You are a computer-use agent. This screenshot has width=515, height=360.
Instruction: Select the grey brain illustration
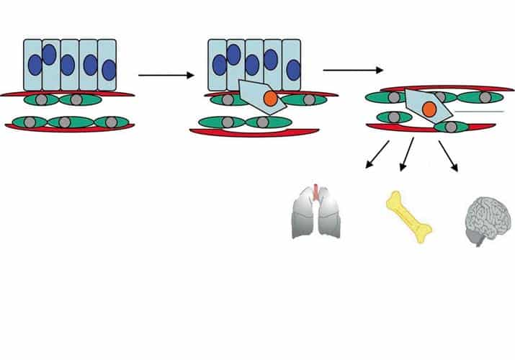(x=483, y=219)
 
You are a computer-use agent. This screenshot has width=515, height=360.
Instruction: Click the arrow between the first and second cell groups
(x=166, y=74)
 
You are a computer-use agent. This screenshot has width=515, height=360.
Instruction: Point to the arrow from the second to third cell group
(x=353, y=70)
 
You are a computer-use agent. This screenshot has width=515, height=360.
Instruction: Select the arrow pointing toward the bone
(x=407, y=154)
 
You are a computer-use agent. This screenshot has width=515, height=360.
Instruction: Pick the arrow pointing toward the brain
(x=448, y=154)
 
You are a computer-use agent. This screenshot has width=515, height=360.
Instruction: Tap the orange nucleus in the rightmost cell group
(x=429, y=109)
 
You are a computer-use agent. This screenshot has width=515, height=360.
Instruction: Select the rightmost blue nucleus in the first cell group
(x=109, y=70)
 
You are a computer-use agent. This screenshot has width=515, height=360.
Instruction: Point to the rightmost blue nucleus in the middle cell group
(x=294, y=70)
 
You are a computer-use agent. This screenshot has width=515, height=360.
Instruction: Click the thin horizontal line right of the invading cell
(x=480, y=112)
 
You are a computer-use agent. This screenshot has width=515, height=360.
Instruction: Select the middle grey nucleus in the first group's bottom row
(x=64, y=122)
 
